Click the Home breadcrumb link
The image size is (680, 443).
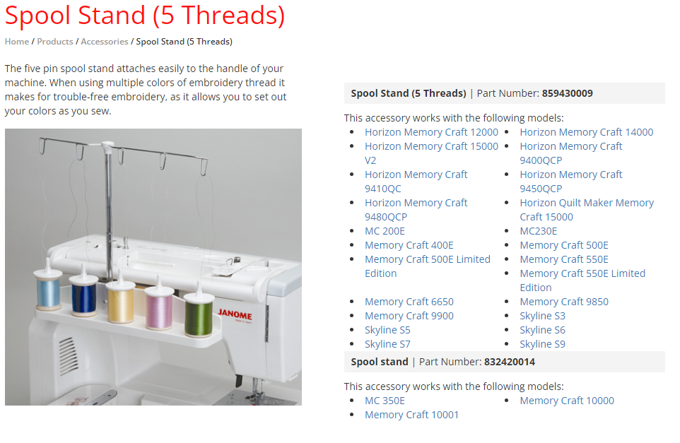point(17,42)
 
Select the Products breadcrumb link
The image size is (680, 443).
point(55,42)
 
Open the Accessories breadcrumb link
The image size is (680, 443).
point(105,42)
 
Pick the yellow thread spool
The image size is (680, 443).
point(121,299)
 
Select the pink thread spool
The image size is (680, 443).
point(159,305)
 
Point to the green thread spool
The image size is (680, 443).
point(199,312)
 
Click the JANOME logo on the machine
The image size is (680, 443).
point(235,314)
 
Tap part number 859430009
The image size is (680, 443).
point(567,93)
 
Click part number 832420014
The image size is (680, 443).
point(510,362)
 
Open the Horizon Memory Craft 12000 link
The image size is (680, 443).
point(431,132)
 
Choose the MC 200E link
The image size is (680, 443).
point(385,231)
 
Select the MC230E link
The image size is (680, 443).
point(539,231)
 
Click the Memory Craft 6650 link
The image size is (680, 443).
point(409,302)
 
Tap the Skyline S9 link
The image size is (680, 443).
point(543,344)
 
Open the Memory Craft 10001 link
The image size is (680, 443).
point(411,415)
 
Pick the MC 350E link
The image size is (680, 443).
point(385,401)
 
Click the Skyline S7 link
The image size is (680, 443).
point(387,344)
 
